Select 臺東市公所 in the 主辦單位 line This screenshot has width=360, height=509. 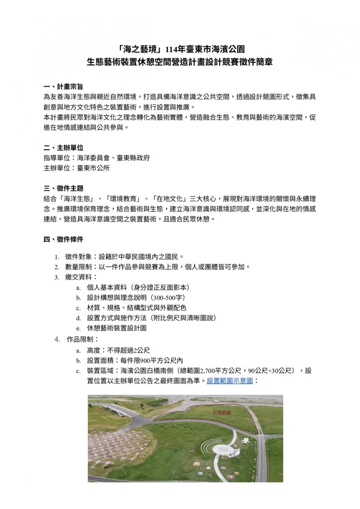click(x=93, y=168)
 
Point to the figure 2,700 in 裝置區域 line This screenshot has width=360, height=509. click(x=208, y=371)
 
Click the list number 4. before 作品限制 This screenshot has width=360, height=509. click(x=57, y=339)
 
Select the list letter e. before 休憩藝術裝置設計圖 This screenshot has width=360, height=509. click(x=78, y=328)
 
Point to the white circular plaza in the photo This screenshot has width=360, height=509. click(x=222, y=449)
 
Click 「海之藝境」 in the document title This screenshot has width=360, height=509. click(x=134, y=48)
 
